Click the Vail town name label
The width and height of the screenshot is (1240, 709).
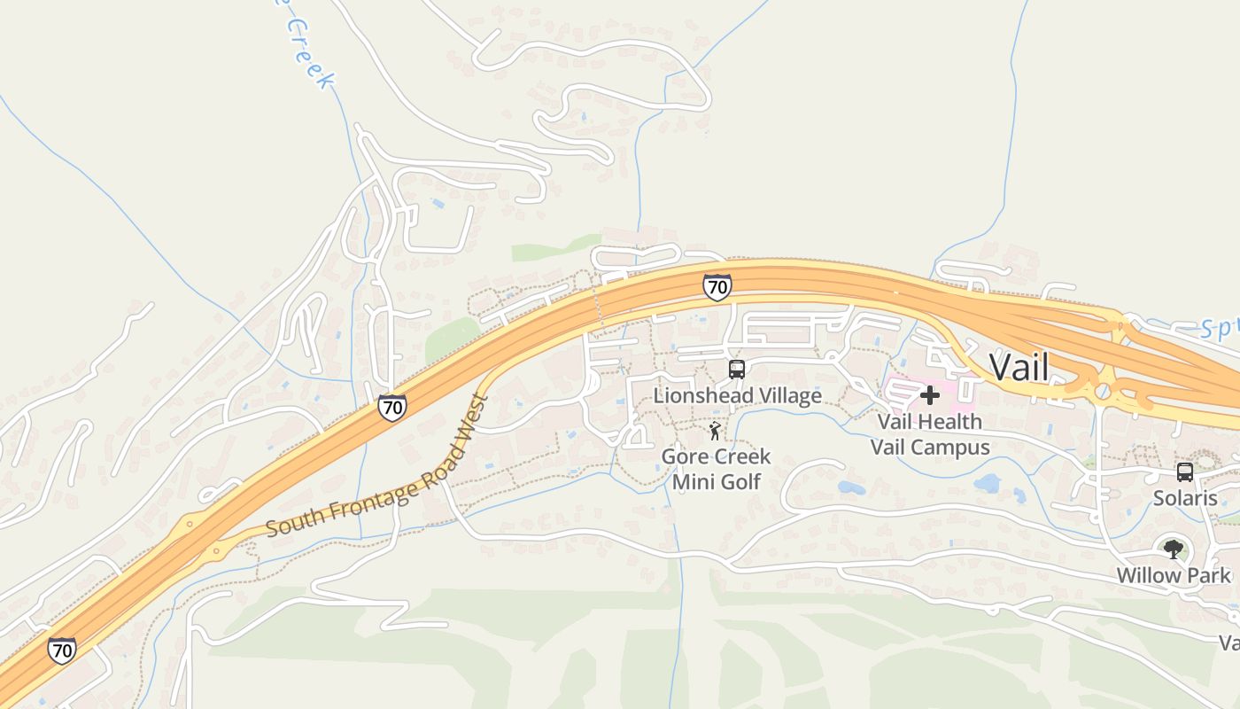pos(1019,367)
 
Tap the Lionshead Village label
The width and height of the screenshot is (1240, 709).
pos(737,395)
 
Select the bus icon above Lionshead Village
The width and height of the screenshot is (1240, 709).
pos(737,370)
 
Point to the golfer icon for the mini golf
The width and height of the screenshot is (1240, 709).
pos(715,432)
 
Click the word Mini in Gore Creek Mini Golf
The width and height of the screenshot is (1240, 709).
pos(693,481)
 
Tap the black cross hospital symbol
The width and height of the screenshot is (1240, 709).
pos(930,395)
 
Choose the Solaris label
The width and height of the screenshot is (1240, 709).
pos(1185,498)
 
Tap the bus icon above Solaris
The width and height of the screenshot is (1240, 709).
pos(1185,472)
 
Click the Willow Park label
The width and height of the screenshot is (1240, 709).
pos(1173,575)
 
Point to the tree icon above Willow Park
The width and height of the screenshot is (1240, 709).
pos(1174,549)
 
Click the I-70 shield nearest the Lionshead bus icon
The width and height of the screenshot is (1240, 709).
pos(717,286)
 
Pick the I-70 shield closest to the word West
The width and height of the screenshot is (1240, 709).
pos(392,407)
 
